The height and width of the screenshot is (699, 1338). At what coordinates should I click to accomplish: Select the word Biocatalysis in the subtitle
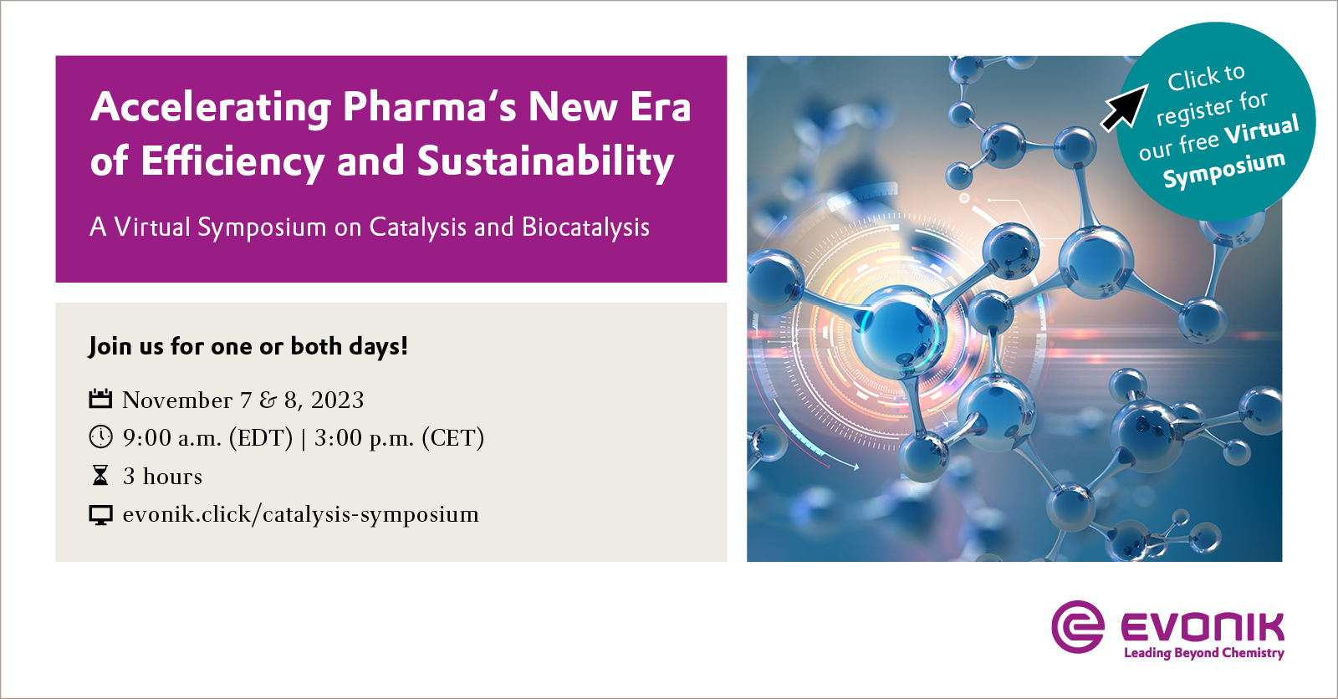[585, 227]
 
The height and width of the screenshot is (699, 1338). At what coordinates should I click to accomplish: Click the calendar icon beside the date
[100, 399]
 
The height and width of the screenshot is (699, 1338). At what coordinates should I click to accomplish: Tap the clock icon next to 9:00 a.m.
[100, 436]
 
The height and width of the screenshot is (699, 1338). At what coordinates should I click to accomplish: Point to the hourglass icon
[100, 476]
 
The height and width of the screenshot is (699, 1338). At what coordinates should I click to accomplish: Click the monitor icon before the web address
[100, 515]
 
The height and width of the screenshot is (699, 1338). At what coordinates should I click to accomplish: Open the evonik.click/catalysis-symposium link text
[300, 514]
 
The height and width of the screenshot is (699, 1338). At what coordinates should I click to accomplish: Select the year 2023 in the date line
[337, 401]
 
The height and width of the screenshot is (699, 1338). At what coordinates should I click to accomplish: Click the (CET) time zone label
[452, 438]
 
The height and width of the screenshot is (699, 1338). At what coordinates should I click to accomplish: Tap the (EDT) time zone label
[261, 438]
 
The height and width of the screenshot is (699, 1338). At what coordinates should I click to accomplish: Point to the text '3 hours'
[162, 477]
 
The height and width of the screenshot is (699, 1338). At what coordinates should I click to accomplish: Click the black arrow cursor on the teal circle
[1125, 107]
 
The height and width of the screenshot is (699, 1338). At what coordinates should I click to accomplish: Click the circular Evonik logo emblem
[1078, 626]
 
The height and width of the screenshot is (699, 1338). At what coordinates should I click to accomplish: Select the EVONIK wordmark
[1202, 627]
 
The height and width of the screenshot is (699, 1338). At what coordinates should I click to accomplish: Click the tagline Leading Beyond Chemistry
[1203, 653]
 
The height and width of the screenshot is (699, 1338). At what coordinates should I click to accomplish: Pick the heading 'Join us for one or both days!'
[248, 346]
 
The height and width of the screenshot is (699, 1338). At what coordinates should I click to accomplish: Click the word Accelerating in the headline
[211, 107]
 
